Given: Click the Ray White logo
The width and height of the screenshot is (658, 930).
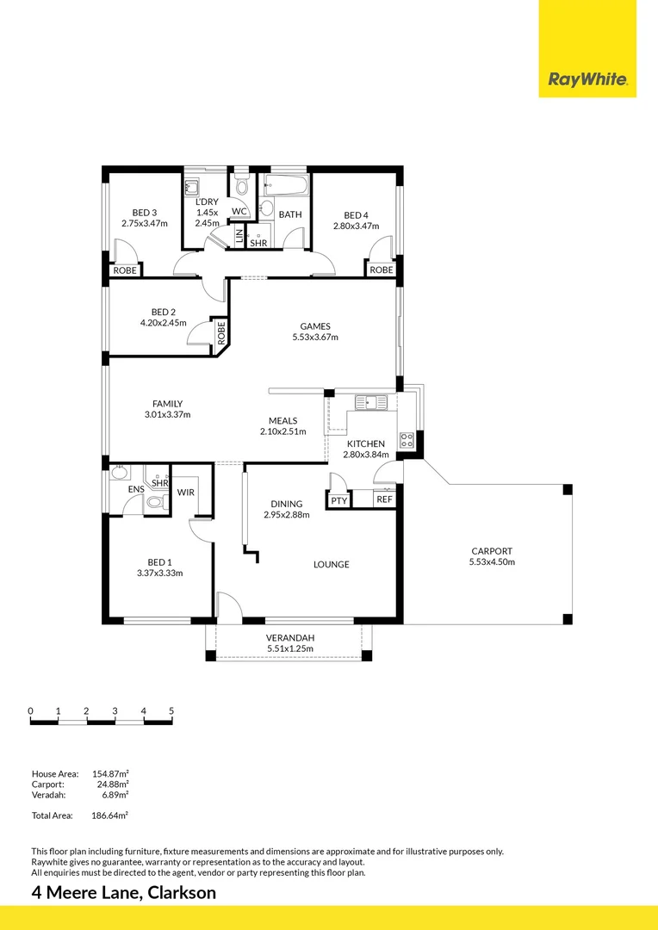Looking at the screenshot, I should (587, 81).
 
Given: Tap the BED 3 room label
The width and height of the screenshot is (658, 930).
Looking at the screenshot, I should (144, 213).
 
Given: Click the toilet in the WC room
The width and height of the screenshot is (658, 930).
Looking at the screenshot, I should (242, 186).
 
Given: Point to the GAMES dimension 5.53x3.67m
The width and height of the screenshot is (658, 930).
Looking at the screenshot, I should (314, 338).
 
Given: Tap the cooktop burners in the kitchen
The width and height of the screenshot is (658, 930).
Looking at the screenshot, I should (407, 440).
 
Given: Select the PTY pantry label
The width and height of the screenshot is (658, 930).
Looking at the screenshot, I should (338, 499).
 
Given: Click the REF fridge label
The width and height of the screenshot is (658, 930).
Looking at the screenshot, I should (384, 499).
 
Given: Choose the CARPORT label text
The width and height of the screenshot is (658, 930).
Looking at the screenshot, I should (492, 551).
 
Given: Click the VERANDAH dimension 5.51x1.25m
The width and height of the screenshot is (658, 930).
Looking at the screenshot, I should (289, 649).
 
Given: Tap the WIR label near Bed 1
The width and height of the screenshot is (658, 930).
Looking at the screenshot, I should (186, 493).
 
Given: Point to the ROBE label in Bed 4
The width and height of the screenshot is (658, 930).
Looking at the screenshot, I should (381, 270).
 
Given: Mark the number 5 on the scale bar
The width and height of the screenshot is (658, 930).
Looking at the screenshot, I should (171, 710).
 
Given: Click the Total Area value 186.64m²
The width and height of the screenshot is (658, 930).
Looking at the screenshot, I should (112, 815).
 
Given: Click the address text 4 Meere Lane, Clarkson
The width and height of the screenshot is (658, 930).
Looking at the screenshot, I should (123, 893).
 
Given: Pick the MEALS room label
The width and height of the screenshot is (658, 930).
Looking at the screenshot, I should (282, 420).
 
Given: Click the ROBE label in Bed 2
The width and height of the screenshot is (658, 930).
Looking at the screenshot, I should (221, 333).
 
